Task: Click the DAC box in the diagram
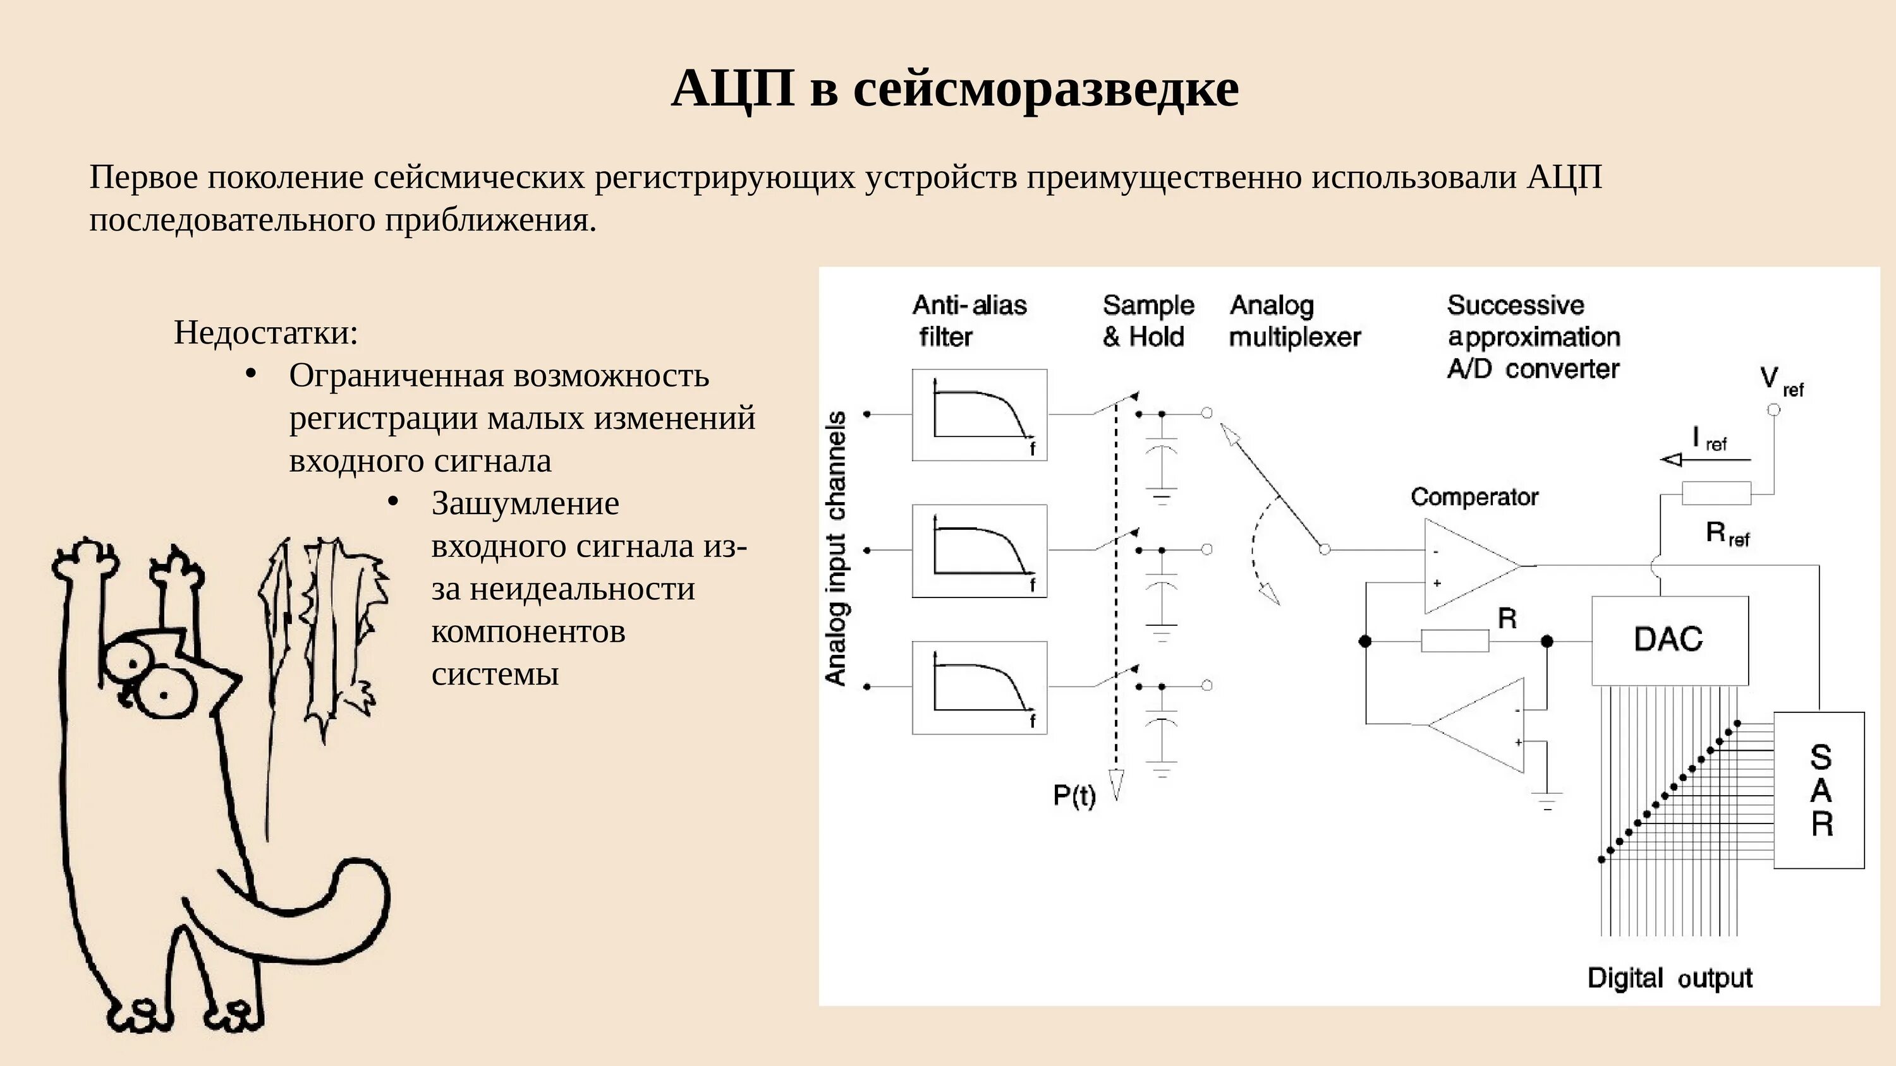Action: (x=1669, y=640)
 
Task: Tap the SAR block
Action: (x=1819, y=789)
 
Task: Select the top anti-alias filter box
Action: (x=979, y=415)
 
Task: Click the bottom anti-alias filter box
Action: (x=979, y=687)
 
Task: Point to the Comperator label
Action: (x=1474, y=498)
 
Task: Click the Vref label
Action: (x=1780, y=380)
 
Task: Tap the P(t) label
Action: (x=1074, y=795)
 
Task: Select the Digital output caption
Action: (x=1669, y=978)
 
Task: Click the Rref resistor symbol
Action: (x=1717, y=493)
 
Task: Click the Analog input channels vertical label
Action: (x=836, y=549)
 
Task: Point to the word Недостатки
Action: (x=265, y=333)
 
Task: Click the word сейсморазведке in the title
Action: (x=1045, y=88)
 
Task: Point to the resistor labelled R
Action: (x=1454, y=641)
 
